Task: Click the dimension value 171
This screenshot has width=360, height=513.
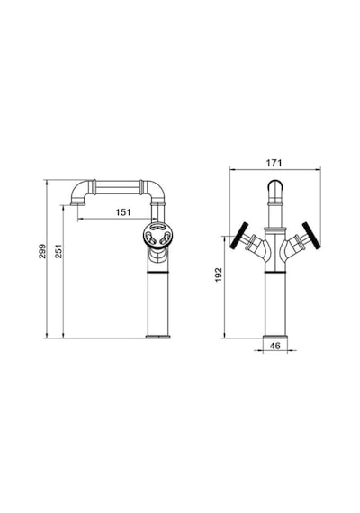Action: [x=274, y=163]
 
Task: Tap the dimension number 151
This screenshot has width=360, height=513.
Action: [x=123, y=212]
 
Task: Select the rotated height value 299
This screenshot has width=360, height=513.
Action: [x=42, y=251]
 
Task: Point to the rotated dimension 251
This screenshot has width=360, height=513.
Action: [x=58, y=251]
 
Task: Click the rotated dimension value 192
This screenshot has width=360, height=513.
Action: [x=219, y=274]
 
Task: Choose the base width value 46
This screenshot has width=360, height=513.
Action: [x=275, y=346]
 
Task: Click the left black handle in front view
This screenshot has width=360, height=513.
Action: [x=239, y=236]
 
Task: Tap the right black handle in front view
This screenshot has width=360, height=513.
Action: [x=310, y=236]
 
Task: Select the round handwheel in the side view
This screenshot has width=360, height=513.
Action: [x=157, y=235]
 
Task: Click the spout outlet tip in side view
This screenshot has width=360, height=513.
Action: [x=78, y=204]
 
